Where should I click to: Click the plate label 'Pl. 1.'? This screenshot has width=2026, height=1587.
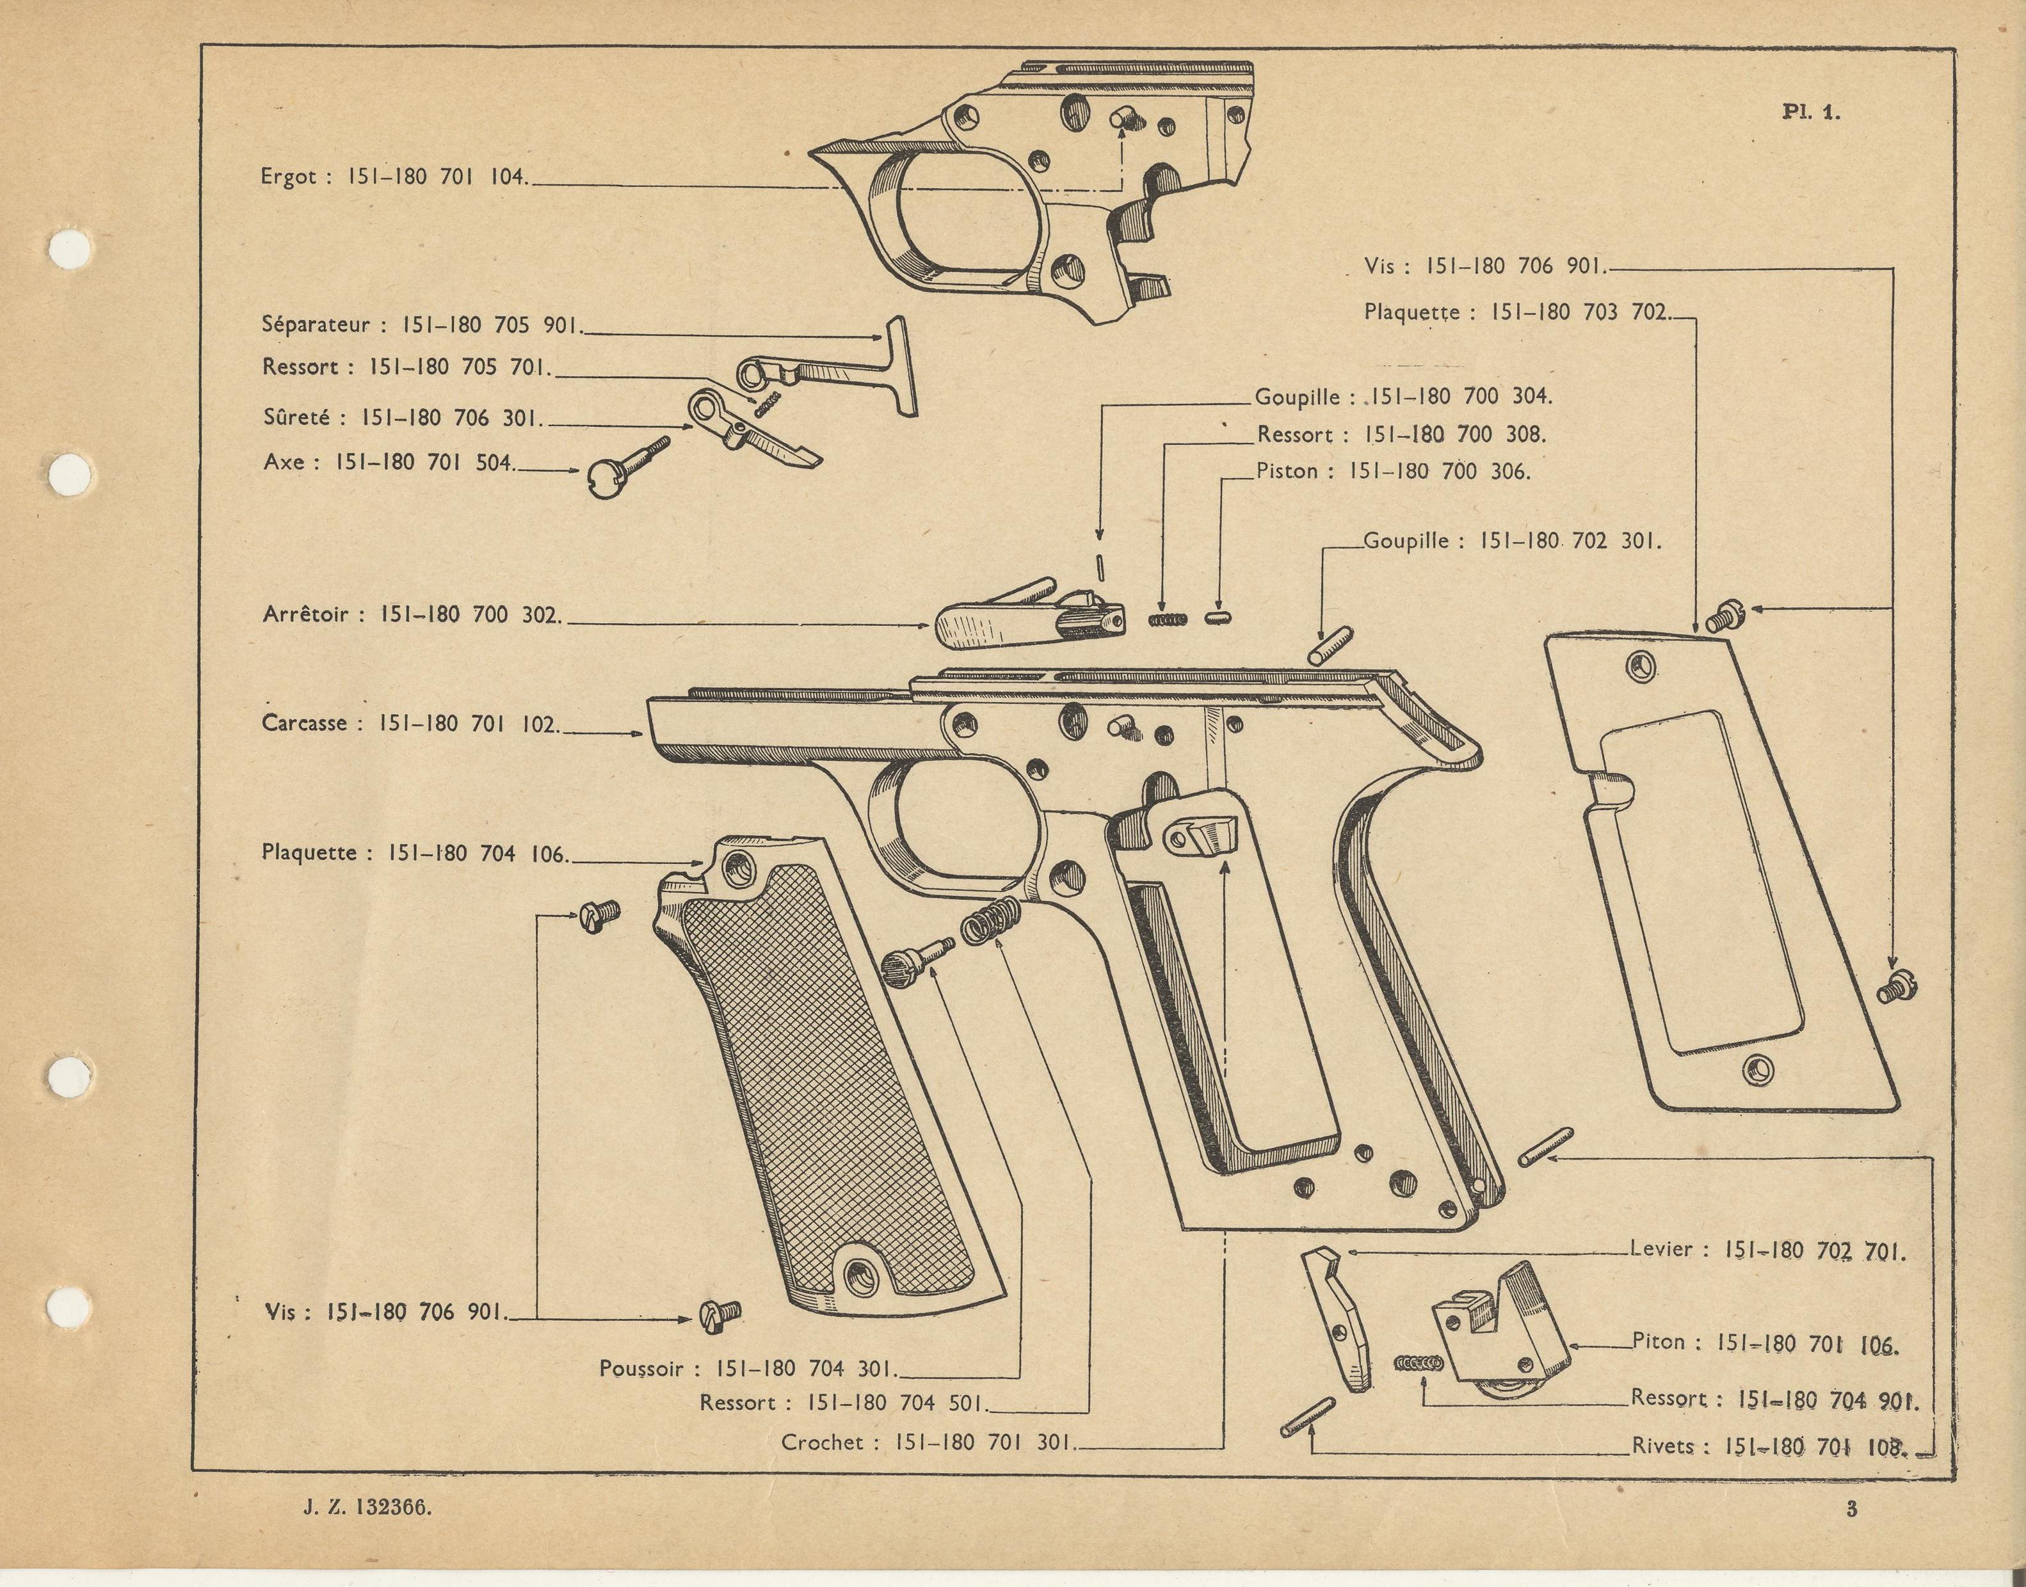pos(1810,113)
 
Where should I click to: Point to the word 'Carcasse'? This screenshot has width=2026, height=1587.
pos(304,723)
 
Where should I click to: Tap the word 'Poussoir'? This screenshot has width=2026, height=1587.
pos(641,1369)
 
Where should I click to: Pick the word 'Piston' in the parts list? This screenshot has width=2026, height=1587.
pos(1287,471)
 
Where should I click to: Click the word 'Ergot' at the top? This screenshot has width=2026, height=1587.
pos(289,177)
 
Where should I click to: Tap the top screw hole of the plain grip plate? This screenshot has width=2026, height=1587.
pos(1640,664)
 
